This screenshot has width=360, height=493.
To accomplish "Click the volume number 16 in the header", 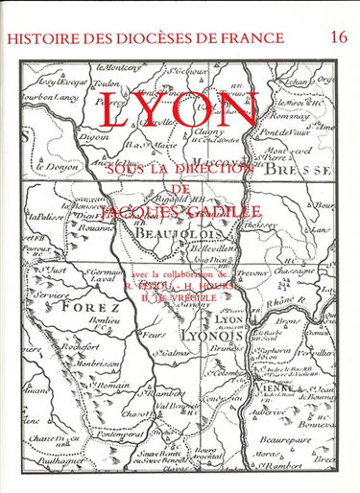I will [337, 36].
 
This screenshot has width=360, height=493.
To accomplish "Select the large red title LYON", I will [179, 112].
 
